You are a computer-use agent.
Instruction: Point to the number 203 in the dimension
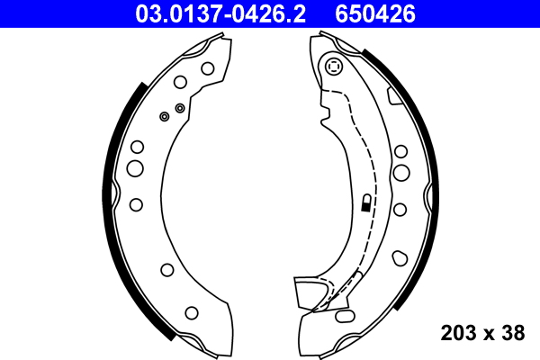click(x=459, y=333)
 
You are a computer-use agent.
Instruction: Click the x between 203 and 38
click(x=487, y=334)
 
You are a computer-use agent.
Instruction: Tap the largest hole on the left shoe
click(x=135, y=168)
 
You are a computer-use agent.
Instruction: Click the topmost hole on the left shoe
click(x=207, y=67)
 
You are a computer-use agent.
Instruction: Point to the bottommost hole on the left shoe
click(x=191, y=312)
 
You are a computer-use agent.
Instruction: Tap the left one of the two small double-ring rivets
click(x=164, y=116)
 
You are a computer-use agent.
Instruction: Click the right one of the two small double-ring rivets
click(x=180, y=108)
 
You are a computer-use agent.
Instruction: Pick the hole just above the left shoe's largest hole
click(x=137, y=147)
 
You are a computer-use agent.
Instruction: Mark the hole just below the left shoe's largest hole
click(x=136, y=204)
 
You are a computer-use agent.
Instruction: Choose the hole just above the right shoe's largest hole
click(x=400, y=148)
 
